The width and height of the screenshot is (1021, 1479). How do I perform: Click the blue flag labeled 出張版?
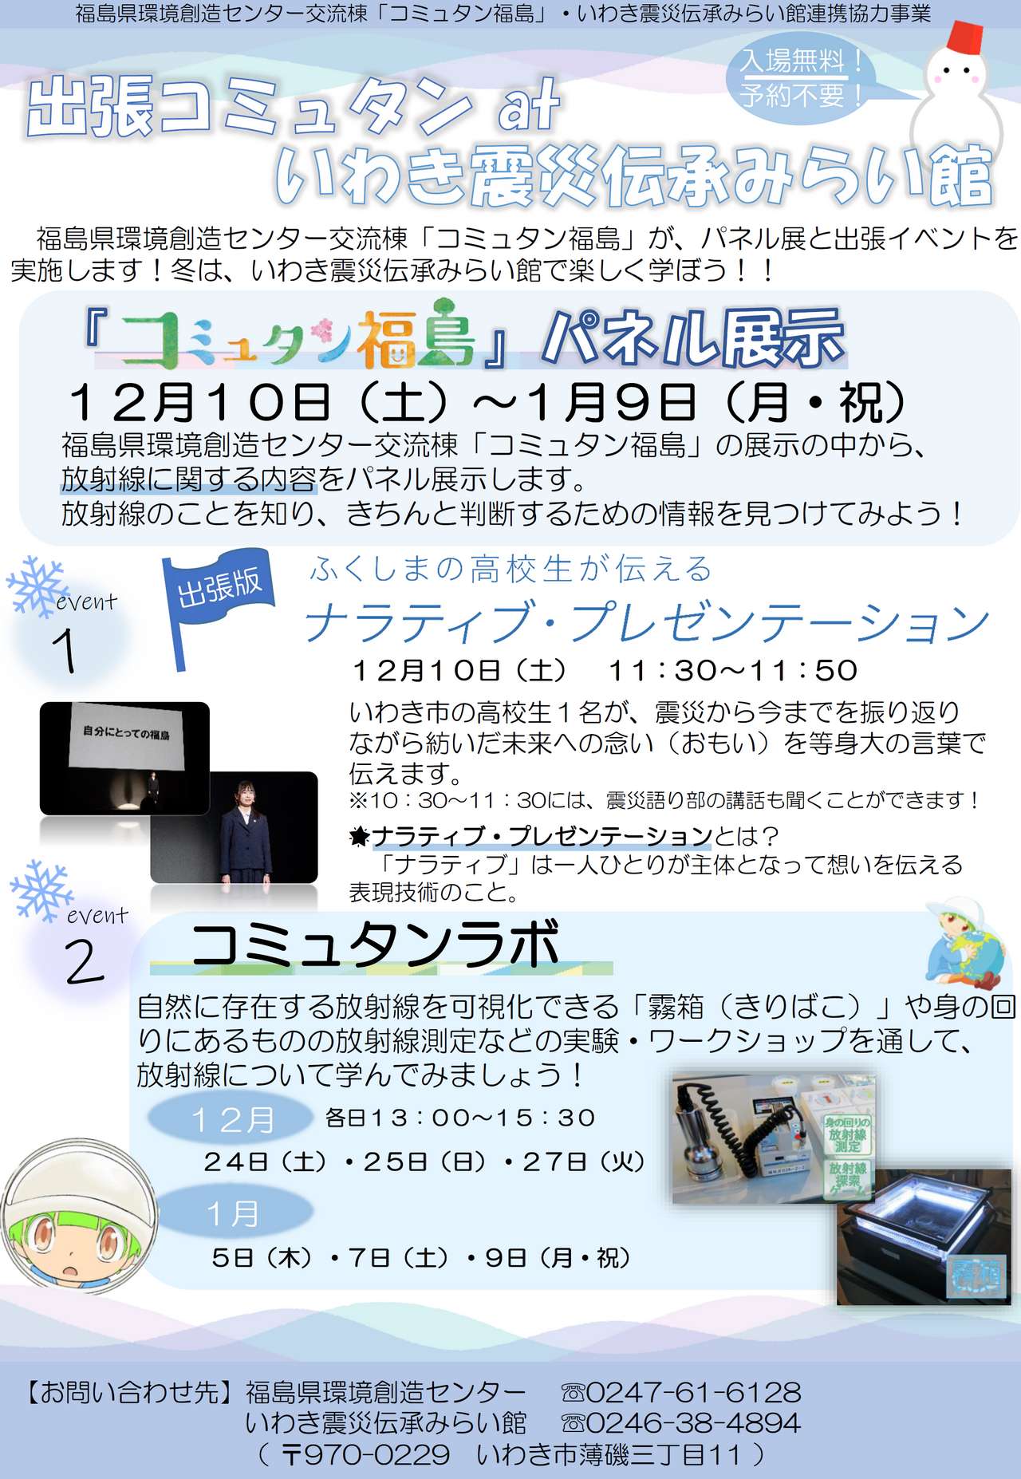pos(218,587)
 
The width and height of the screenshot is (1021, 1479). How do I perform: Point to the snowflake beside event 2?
pos(40,889)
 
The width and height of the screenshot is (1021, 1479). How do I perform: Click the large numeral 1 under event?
pos(65,651)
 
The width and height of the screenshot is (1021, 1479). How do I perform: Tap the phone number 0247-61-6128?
pos(692,1392)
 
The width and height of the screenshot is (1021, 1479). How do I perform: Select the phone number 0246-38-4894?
pos(692,1422)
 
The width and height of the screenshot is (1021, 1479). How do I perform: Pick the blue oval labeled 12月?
pos(231,1118)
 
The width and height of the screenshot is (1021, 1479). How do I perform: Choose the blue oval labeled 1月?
pos(232,1213)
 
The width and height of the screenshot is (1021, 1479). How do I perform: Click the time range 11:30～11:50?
pos(733,670)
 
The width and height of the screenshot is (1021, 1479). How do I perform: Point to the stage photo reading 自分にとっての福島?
pos(124,758)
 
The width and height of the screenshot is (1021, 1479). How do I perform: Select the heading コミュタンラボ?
pos(375,945)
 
